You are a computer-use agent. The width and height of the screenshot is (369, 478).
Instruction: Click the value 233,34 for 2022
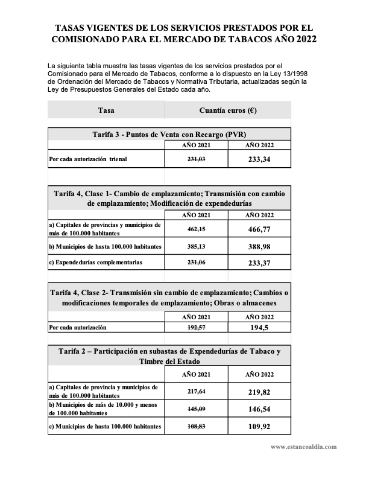(259, 159)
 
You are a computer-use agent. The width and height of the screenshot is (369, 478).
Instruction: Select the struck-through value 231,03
(196, 159)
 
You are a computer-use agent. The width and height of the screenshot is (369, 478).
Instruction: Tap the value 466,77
(259, 229)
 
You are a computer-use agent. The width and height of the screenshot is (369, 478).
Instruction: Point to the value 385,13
(196, 246)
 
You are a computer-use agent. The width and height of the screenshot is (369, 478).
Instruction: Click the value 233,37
(259, 263)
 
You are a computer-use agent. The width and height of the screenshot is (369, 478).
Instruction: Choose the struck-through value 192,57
(196, 327)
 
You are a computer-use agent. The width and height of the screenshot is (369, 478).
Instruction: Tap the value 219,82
(259, 392)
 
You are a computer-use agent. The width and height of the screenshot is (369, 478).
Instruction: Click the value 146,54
(259, 409)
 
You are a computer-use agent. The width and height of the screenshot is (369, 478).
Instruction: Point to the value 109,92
(259, 426)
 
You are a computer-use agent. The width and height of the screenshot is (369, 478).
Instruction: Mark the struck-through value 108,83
(196, 426)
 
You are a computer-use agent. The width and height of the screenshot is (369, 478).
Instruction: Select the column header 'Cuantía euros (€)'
(227, 110)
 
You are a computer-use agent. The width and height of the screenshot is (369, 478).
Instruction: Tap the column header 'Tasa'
(106, 110)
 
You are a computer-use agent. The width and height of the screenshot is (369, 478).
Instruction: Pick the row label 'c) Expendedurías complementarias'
(95, 263)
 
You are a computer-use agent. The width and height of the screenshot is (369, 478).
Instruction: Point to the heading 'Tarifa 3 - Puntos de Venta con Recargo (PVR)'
(169, 134)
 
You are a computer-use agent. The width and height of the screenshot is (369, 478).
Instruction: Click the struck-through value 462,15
(196, 229)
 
